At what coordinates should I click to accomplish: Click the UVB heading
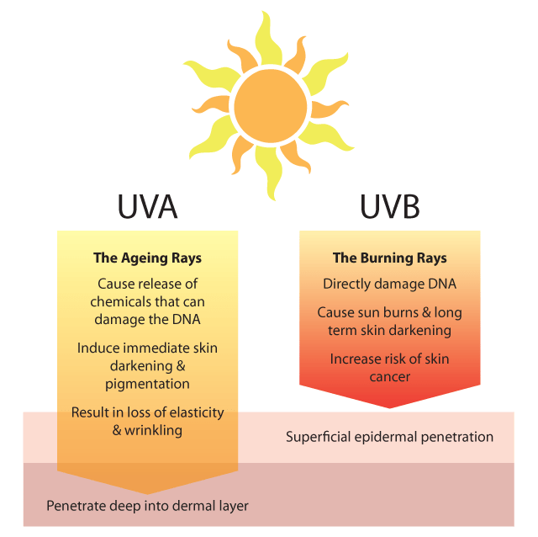[390, 207]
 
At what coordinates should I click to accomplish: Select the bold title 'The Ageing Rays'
[147, 258]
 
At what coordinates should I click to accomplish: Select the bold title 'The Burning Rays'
[390, 258]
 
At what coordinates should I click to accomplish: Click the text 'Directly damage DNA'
[389, 284]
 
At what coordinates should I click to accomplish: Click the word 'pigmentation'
[147, 383]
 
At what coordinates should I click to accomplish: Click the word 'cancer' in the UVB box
[390, 376]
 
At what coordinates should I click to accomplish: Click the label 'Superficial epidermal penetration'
[389, 437]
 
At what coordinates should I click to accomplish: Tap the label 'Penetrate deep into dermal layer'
[147, 506]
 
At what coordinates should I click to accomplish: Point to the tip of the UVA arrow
[147, 492]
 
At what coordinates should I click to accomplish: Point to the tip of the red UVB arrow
[390, 407]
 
